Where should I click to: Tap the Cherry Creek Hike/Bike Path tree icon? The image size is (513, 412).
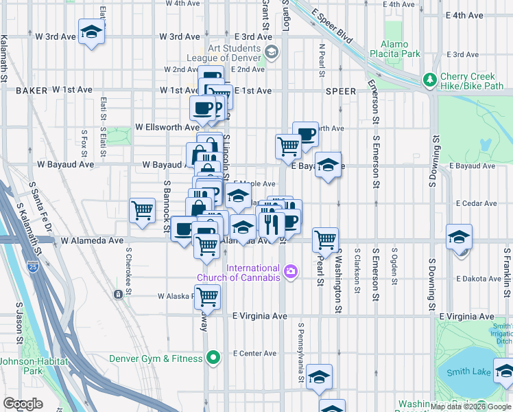pos(430,80)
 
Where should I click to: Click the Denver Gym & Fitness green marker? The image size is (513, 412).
pos(213,357)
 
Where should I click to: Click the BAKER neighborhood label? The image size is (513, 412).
pos(32,90)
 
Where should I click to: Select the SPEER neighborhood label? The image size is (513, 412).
pos(341,91)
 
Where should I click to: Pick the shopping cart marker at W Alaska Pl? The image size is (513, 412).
pos(206,297)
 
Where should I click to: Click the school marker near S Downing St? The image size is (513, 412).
pos(459,237)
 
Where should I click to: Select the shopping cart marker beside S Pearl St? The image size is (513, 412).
pos(325,240)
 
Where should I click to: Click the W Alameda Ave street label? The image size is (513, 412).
pos(92,241)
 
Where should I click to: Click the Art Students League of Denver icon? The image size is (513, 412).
pos(272,52)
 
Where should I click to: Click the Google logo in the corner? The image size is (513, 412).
pos(23,404)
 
